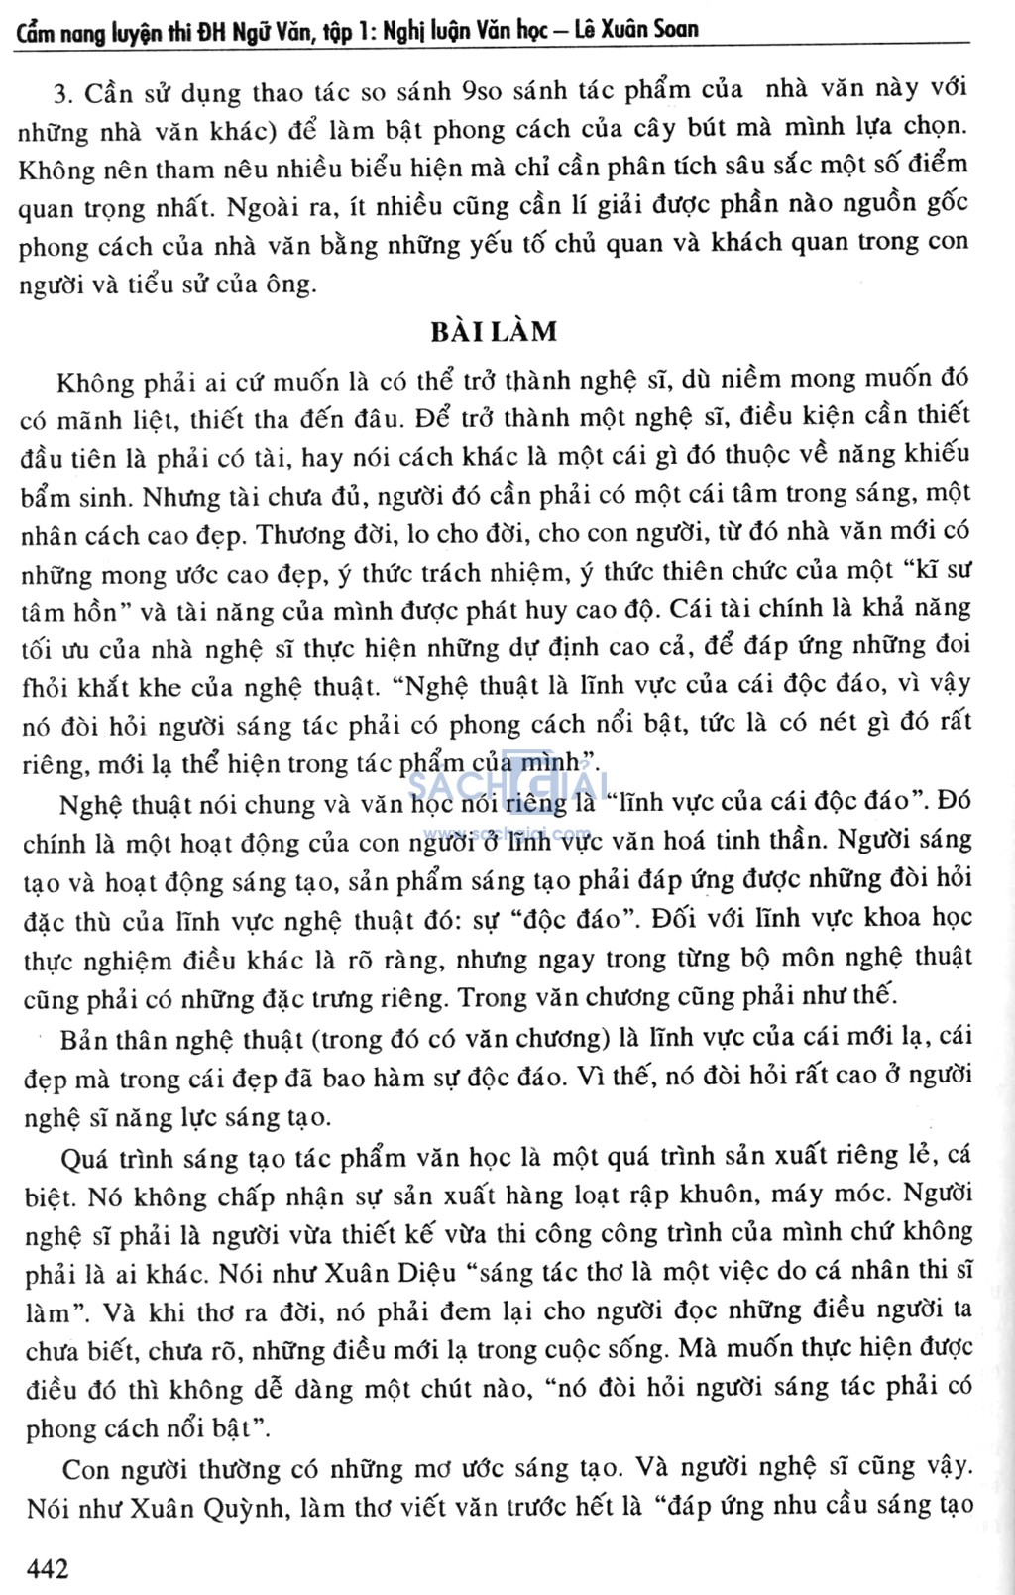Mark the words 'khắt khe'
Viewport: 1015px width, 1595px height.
coord(149,686)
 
